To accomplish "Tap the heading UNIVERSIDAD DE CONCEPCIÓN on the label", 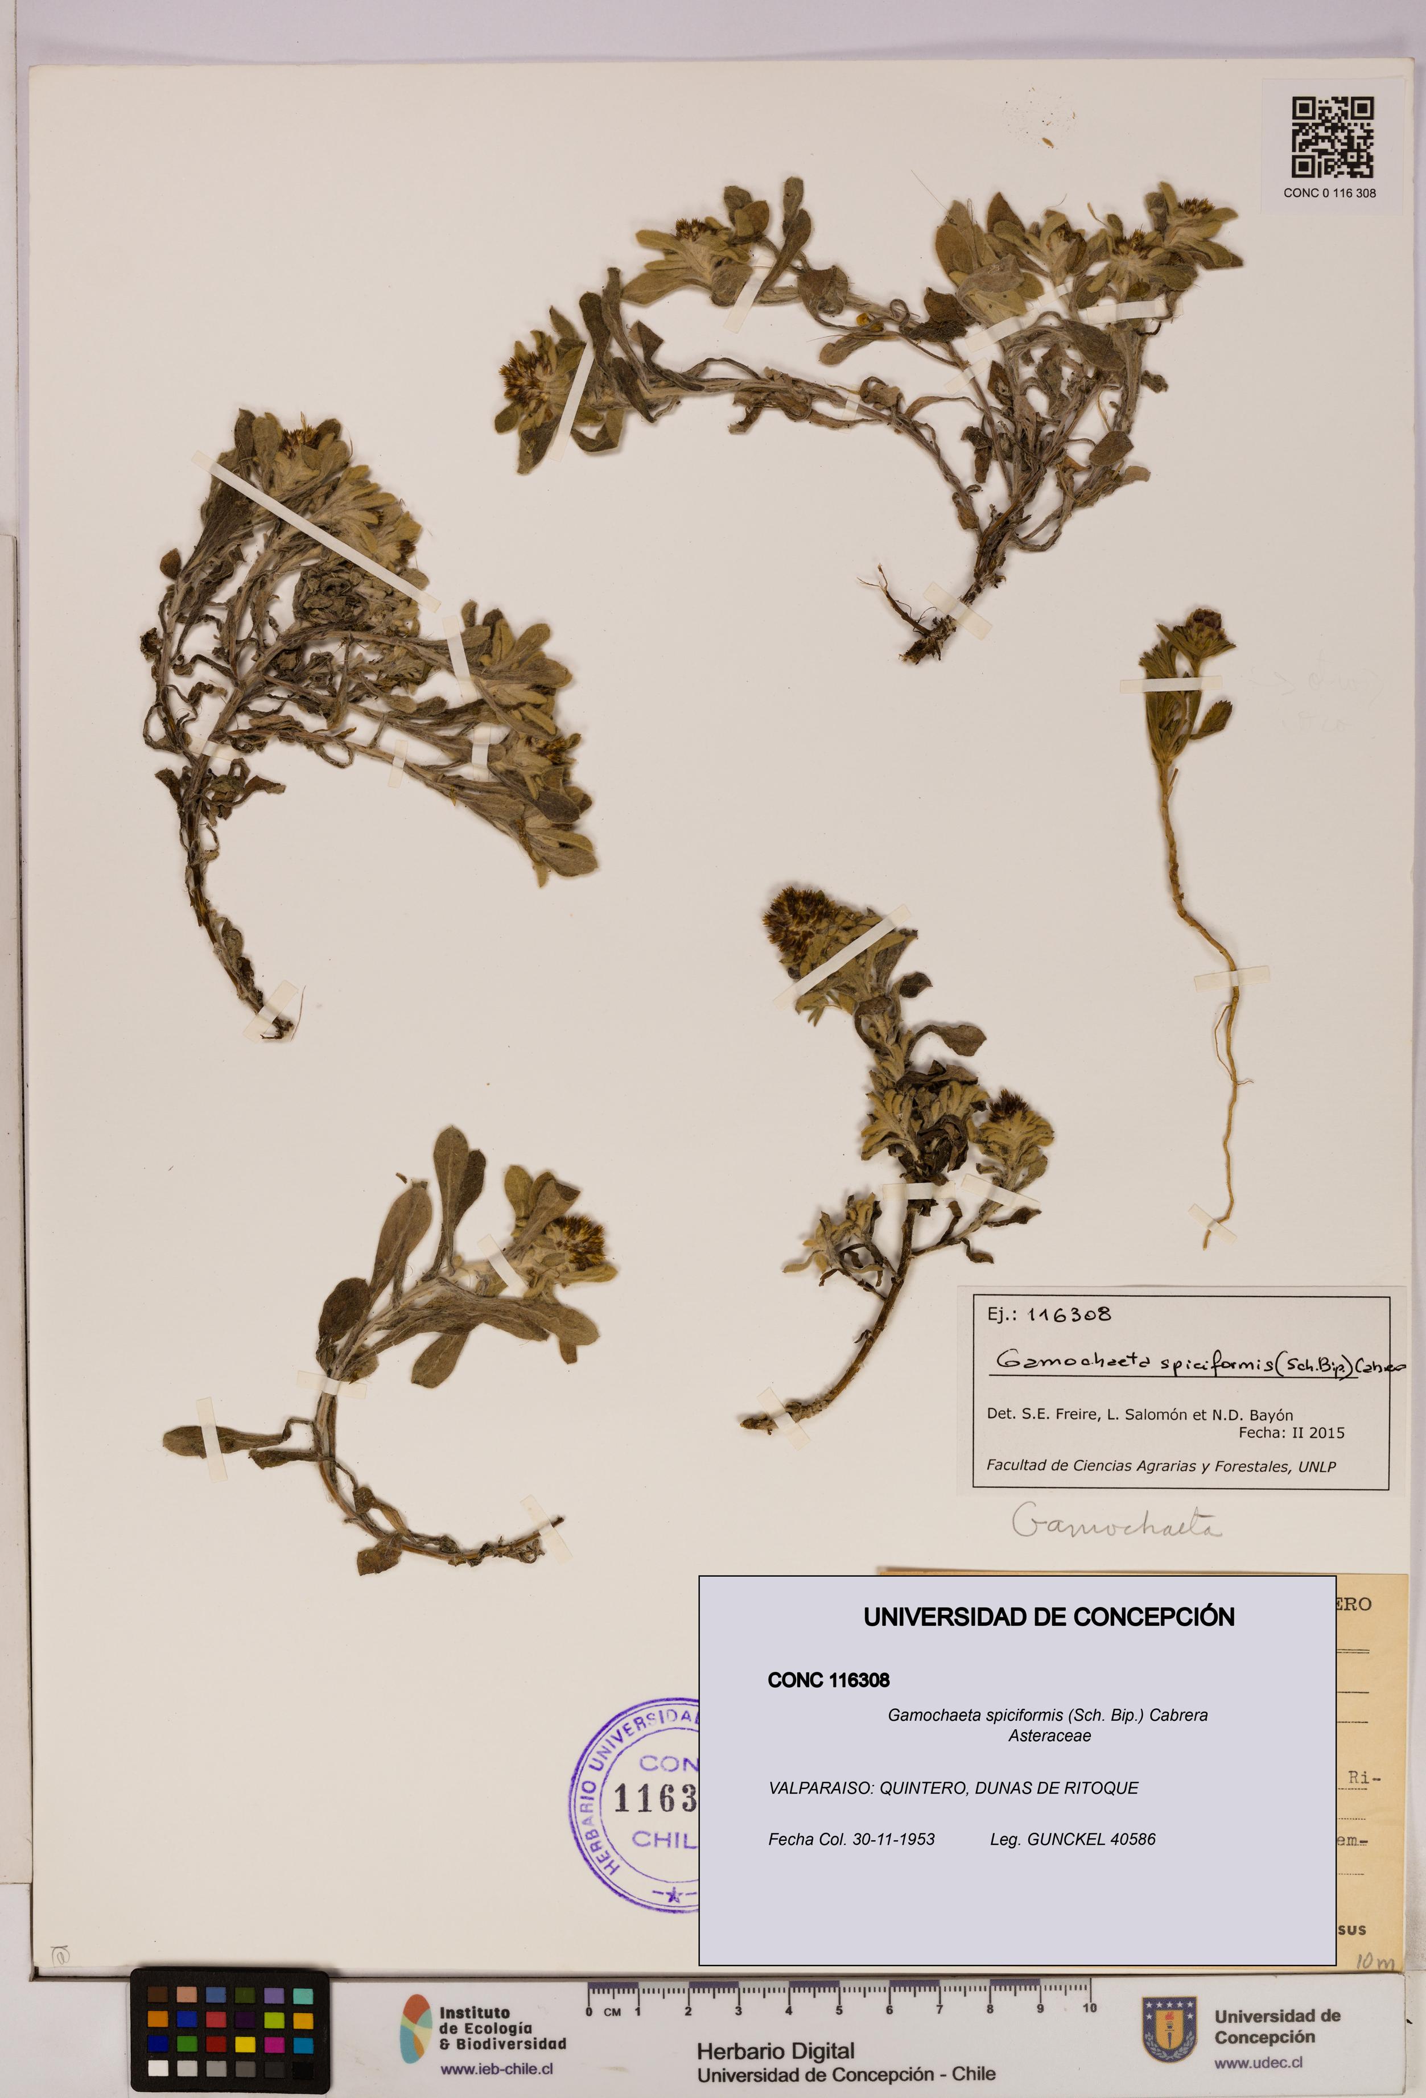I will coord(1049,1617).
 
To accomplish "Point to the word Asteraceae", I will coord(1049,1735).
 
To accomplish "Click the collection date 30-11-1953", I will coord(893,1839).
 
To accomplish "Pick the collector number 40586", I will coord(1131,1839).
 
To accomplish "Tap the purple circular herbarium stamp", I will coord(636,1806).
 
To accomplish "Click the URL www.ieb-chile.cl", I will coord(496,2069).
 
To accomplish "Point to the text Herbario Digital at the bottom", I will coord(775,2052).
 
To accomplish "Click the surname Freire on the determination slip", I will coord(1077,1415).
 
